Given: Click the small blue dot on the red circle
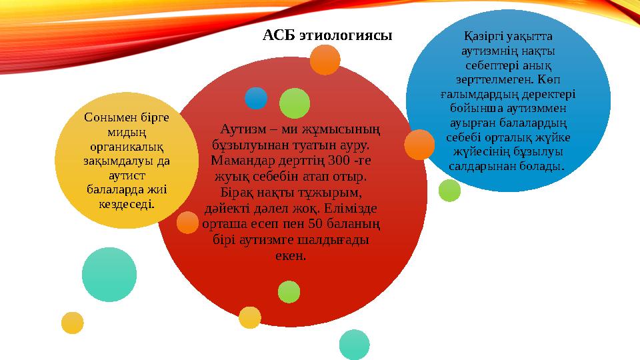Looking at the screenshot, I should pyautogui.click(x=255, y=98).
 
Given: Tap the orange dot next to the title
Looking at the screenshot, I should pyautogui.click(x=325, y=60).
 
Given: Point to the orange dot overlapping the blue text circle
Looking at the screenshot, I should pyautogui.click(x=419, y=144).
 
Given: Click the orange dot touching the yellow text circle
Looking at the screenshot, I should pyautogui.click(x=187, y=222).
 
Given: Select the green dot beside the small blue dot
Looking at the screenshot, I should pyautogui.click(x=294, y=103).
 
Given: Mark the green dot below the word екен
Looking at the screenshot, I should pyautogui.click(x=289, y=291).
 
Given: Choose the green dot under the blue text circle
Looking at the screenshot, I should pyautogui.click(x=449, y=191).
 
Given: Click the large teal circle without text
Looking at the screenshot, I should pyautogui.click(x=109, y=274).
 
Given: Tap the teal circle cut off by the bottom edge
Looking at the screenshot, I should pyautogui.click(x=354, y=345).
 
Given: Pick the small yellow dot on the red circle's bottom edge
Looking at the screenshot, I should pyautogui.click(x=249, y=317).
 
